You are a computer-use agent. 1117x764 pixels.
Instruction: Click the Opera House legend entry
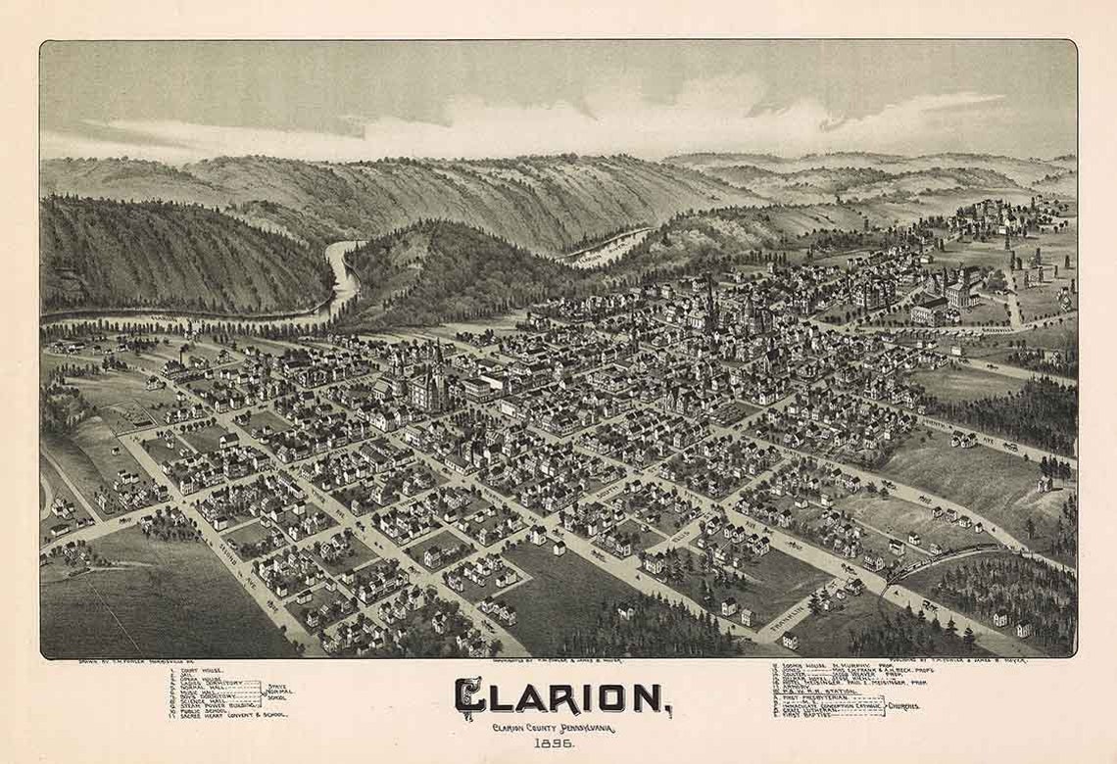tap(201, 680)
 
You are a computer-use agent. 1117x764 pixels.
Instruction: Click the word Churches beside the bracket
tap(901, 705)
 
